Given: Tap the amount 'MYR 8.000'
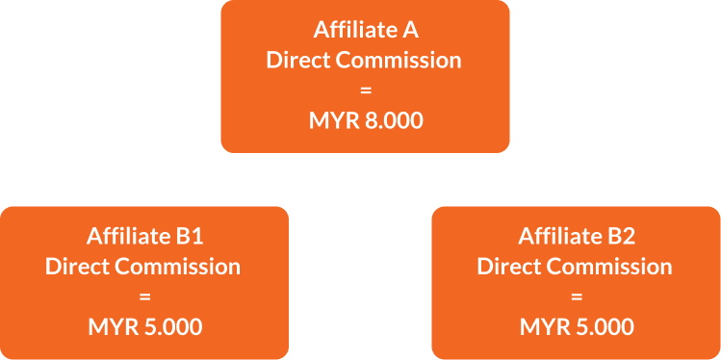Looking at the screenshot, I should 364,122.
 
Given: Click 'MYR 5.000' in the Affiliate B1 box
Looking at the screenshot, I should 144,326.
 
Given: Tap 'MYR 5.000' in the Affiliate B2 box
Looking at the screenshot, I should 576,326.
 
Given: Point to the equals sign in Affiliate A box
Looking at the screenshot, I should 364,91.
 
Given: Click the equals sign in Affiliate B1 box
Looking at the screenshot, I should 144,296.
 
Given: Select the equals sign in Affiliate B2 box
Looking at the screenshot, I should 576,296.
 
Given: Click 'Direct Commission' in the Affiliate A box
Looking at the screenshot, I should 364,61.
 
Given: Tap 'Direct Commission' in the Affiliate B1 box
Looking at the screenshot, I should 144,266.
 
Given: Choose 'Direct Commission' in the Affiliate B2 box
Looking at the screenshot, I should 576,266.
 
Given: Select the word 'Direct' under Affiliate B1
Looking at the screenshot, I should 74,266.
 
